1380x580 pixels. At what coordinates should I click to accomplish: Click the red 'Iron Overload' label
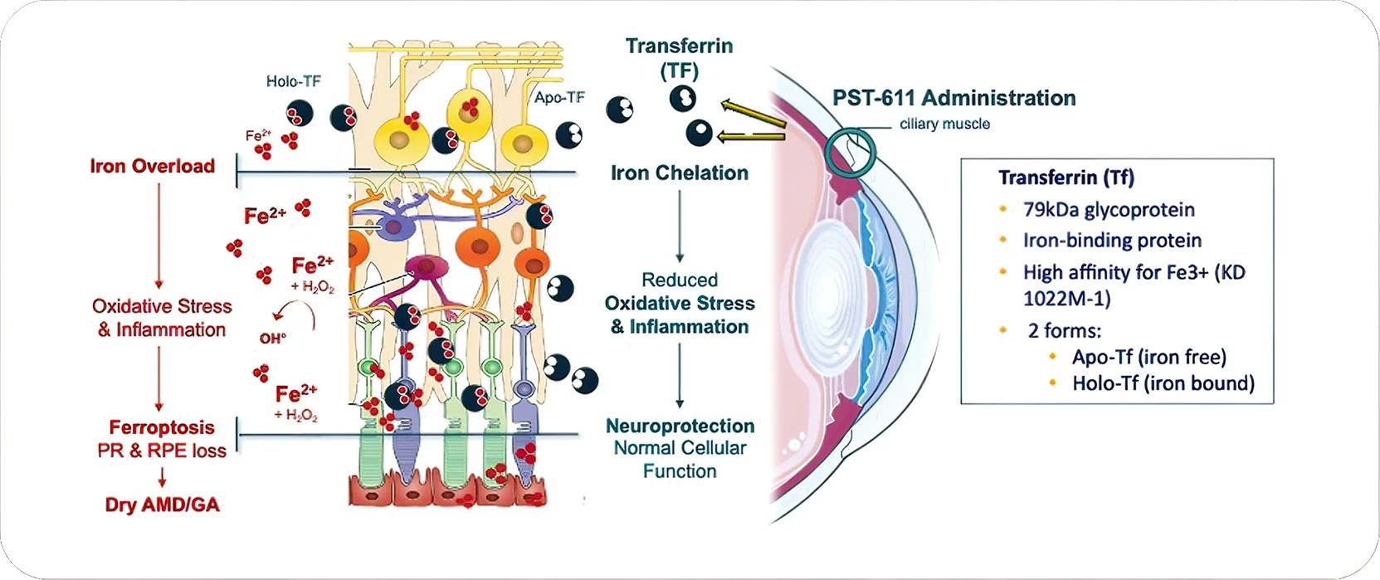[x=152, y=166]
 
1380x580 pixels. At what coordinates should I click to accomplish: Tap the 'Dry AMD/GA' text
[x=162, y=504]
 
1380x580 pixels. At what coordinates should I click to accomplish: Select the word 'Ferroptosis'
[x=162, y=427]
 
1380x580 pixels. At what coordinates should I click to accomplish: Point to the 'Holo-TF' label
[x=293, y=81]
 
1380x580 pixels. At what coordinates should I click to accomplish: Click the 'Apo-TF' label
[x=559, y=98]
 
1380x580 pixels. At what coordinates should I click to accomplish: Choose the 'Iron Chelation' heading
[x=679, y=173]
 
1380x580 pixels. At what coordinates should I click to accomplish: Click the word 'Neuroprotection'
[x=680, y=426]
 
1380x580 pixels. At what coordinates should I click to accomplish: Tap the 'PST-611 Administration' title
[x=953, y=98]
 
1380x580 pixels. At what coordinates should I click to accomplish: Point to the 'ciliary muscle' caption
[x=944, y=124]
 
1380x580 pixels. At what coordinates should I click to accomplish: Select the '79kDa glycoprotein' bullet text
[x=1109, y=210]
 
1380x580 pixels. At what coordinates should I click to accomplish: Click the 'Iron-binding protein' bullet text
[x=1112, y=241]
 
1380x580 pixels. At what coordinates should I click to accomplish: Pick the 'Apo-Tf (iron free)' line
[x=1148, y=357]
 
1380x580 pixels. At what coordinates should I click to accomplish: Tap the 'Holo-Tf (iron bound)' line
[x=1163, y=383]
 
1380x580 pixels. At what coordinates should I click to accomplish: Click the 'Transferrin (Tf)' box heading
[x=1065, y=178]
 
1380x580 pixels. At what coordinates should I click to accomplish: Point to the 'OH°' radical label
[x=272, y=339]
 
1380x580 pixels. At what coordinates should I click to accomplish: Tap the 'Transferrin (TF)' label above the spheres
[x=679, y=57]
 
